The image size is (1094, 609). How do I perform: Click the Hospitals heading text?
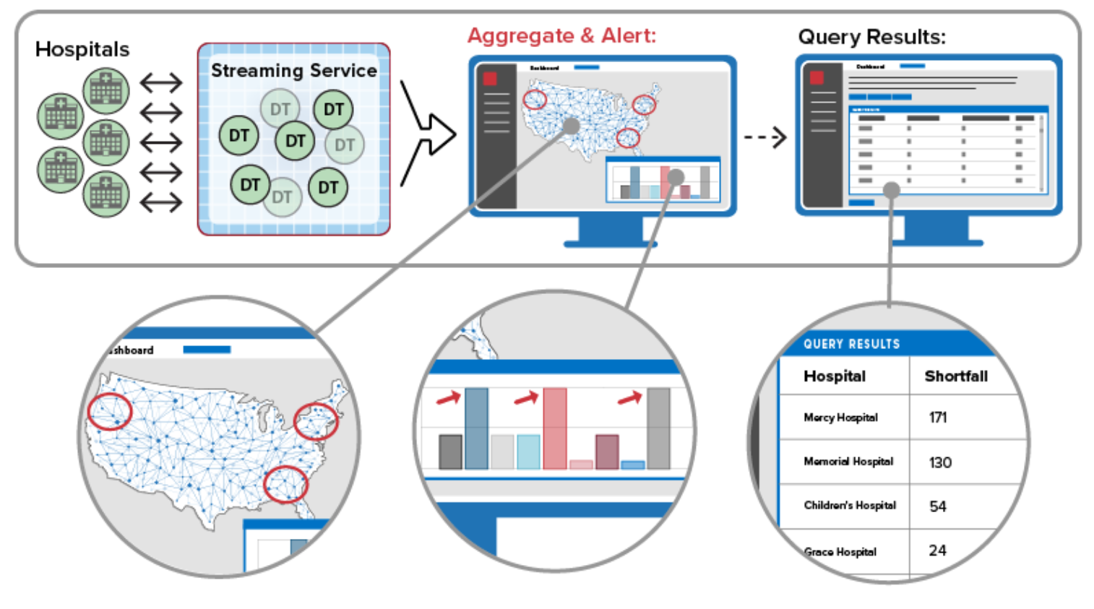click(x=82, y=49)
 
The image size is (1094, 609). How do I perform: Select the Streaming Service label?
click(x=293, y=71)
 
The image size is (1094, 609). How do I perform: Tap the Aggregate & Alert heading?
click(x=561, y=35)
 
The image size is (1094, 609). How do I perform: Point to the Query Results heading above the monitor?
click(x=871, y=37)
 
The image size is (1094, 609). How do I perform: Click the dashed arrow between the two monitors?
click(x=765, y=137)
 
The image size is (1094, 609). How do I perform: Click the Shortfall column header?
click(x=955, y=376)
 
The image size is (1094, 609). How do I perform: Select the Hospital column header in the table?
click(x=834, y=376)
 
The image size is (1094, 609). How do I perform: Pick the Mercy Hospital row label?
click(x=840, y=418)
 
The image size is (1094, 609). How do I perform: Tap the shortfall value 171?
click(x=938, y=418)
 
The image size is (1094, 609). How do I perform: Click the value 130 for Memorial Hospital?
click(x=940, y=462)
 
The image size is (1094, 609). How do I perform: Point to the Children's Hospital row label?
click(x=850, y=506)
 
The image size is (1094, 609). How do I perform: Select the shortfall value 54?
click(x=938, y=506)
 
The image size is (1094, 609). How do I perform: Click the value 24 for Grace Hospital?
click(x=938, y=550)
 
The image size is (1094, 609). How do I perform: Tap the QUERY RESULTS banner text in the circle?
click(x=851, y=345)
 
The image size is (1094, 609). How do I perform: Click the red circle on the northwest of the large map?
click(x=110, y=411)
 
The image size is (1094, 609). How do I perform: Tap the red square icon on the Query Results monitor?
click(x=817, y=77)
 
